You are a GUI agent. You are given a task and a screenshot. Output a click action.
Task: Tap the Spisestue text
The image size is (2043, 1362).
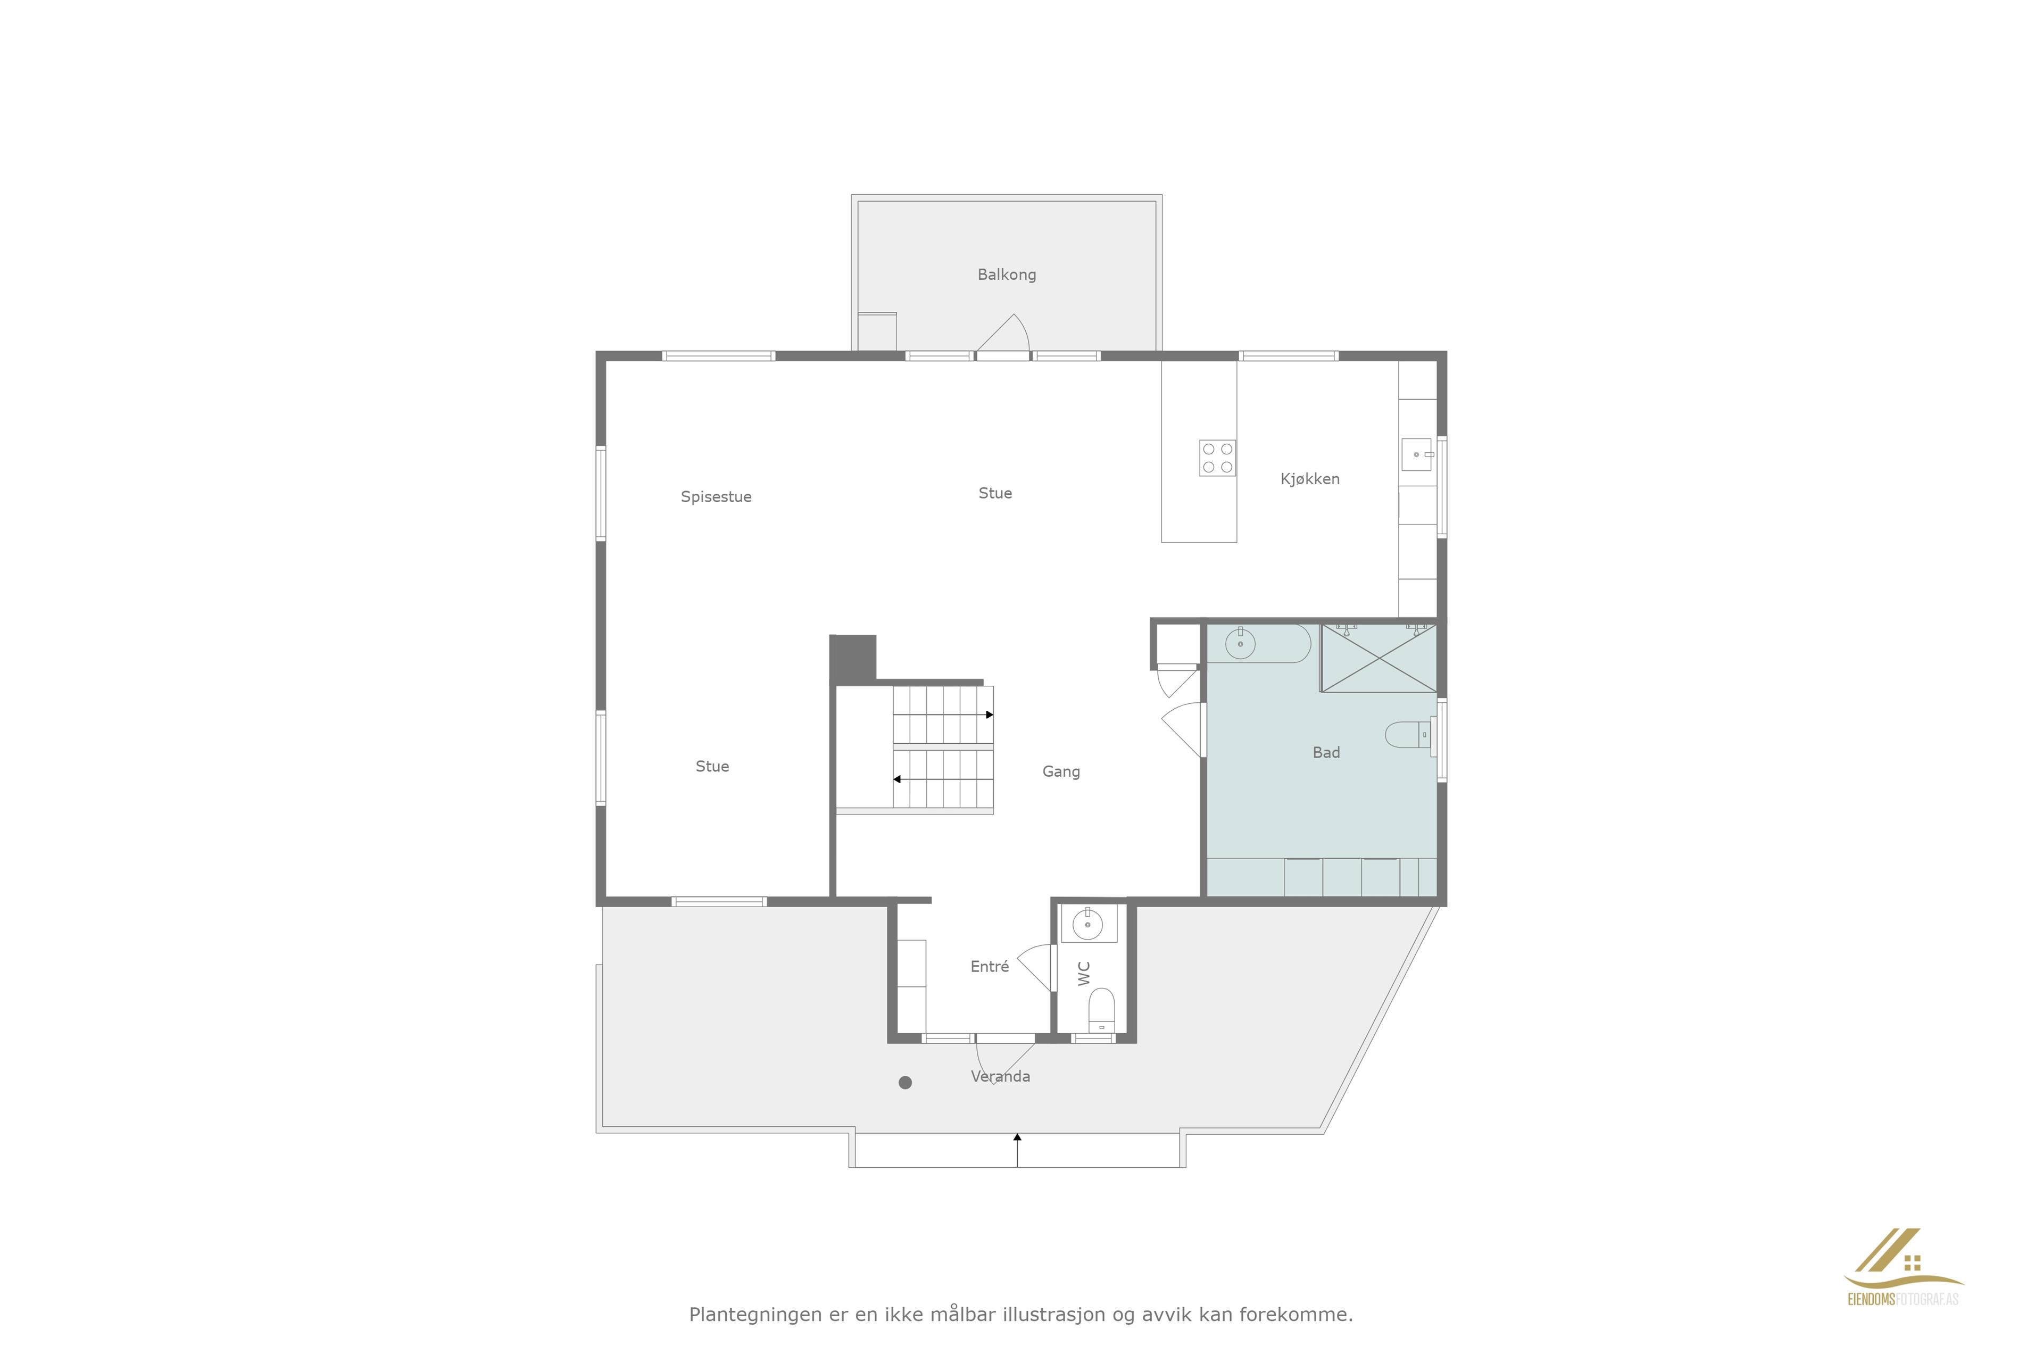point(716,497)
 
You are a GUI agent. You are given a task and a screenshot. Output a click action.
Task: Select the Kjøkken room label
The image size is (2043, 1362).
point(1310,479)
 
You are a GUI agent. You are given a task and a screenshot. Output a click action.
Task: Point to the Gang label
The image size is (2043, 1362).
point(1060,771)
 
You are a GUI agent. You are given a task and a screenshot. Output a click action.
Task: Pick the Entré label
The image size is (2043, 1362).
point(990,966)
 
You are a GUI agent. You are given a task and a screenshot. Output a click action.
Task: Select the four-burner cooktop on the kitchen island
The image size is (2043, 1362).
point(1217,458)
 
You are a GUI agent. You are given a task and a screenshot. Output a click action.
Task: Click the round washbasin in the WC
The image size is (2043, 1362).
point(1087,924)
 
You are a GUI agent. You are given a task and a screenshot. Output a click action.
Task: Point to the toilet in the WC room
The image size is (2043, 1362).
point(1101,1010)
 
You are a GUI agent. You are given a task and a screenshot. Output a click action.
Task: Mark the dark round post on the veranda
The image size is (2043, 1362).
point(905,1082)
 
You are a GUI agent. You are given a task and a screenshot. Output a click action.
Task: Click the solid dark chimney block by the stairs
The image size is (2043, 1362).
point(853,659)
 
